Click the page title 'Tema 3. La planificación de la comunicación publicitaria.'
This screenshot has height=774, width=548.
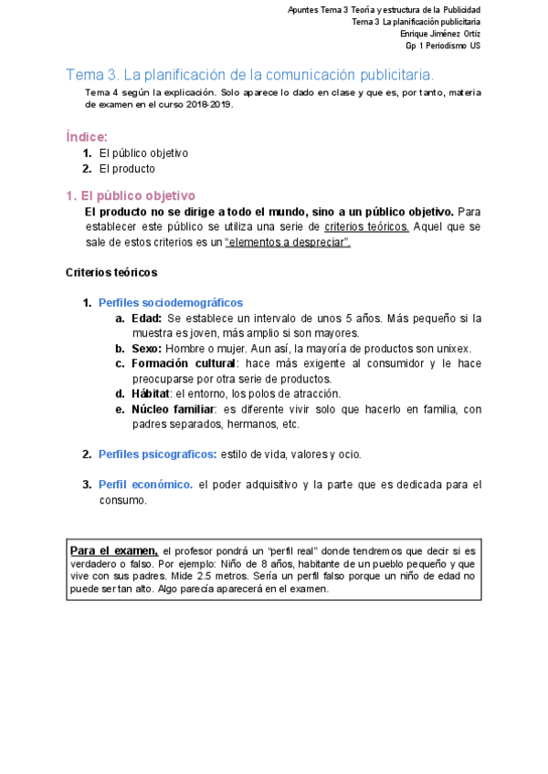[250, 74]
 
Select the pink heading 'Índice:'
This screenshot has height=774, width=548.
[87, 137]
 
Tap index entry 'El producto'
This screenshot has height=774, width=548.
[127, 169]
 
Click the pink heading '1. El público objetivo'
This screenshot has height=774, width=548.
[131, 195]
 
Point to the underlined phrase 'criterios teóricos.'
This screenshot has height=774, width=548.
[366, 226]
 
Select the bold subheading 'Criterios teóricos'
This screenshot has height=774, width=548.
[111, 272]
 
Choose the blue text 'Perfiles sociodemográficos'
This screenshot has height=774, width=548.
[171, 302]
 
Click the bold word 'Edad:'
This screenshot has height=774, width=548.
[146, 318]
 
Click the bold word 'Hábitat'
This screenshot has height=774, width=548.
[152, 393]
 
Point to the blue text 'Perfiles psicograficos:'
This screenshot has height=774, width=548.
[158, 454]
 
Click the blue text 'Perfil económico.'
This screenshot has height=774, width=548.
[146, 485]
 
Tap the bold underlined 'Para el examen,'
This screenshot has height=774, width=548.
[114, 550]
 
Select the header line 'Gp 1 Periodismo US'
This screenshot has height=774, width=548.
[443, 46]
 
